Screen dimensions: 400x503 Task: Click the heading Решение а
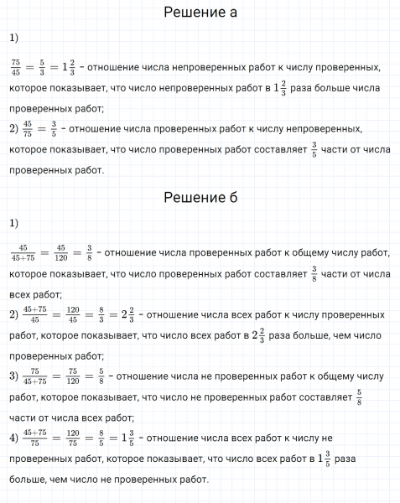pyautogui.click(x=200, y=13)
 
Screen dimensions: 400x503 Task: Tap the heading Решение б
pyautogui.click(x=200, y=198)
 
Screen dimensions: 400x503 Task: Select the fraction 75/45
pyautogui.click(x=16, y=65)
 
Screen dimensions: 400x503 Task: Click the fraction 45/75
pyautogui.click(x=29, y=129)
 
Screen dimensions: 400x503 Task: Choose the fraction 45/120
pyautogui.click(x=60, y=252)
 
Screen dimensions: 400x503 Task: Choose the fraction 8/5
pyautogui.click(x=101, y=438)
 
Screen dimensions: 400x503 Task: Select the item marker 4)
pyautogui.click(x=13, y=437)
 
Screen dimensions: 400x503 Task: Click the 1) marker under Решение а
pyautogui.click(x=13, y=38)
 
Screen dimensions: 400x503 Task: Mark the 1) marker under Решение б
pyautogui.click(x=13, y=223)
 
